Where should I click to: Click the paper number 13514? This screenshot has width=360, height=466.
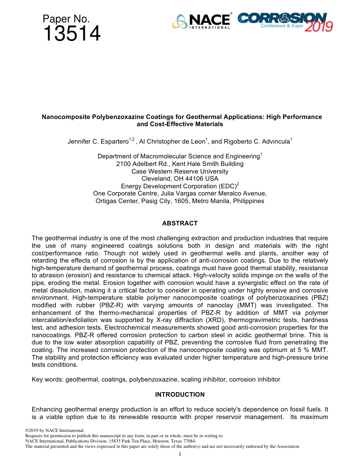point(72,34)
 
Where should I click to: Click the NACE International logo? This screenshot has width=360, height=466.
point(202,22)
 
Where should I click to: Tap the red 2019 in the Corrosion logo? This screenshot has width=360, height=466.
point(319,27)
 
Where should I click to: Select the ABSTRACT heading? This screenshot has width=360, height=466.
point(180,224)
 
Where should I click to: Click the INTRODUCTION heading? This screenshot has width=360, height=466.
point(180,395)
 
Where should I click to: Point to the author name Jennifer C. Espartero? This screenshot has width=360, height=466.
point(98,142)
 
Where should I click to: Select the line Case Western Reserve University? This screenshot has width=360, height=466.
point(180,171)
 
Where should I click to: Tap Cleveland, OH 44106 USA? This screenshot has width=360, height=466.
point(180,179)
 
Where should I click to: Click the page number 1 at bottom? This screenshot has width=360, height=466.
point(180,454)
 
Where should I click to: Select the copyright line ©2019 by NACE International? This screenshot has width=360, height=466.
point(55,430)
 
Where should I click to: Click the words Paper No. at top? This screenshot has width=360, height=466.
point(66,19)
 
